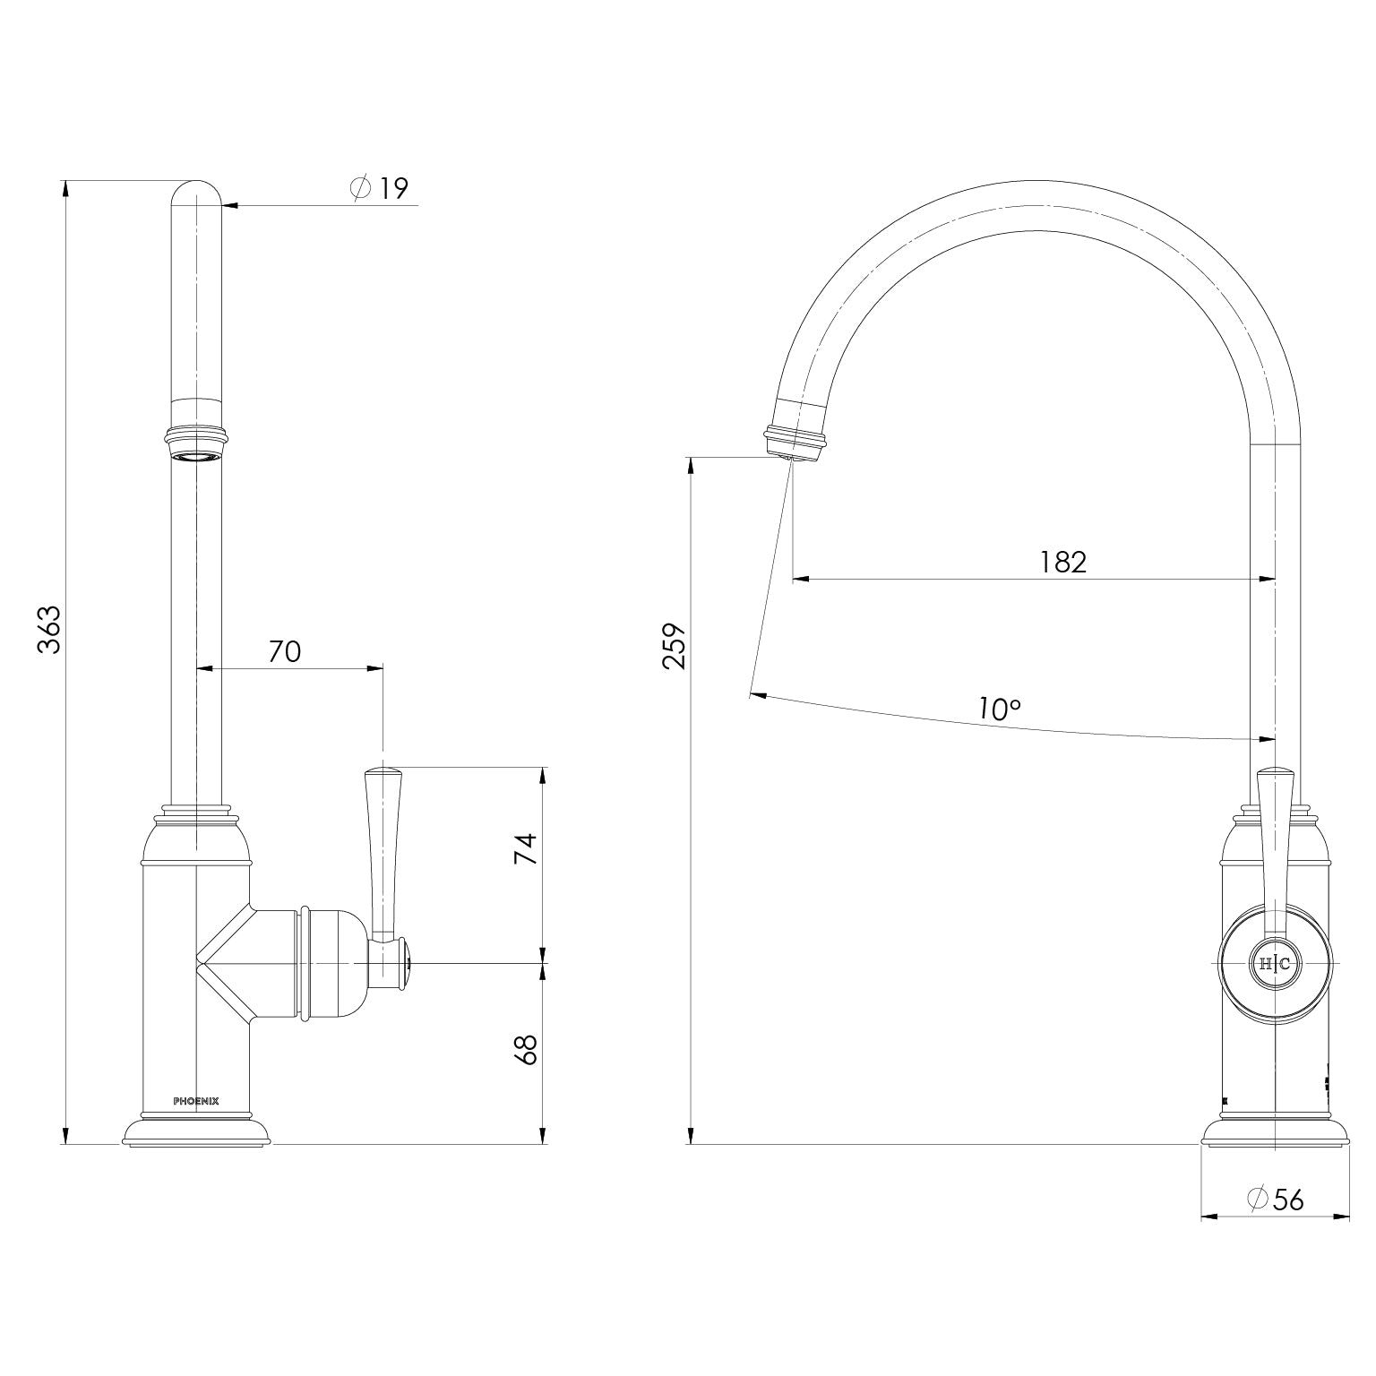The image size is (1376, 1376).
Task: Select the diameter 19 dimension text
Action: (x=381, y=188)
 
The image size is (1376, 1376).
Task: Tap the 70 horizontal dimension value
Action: (x=285, y=651)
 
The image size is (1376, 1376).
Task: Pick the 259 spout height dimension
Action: (x=674, y=645)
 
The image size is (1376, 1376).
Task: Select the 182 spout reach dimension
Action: (x=1062, y=562)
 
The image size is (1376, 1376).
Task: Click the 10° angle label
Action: (x=999, y=684)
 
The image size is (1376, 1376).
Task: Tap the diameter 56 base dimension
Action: (x=1276, y=1199)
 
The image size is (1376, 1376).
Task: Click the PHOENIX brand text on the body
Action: (x=195, y=1101)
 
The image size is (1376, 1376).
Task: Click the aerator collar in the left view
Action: (x=196, y=443)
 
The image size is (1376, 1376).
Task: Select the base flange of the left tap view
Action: (x=196, y=1132)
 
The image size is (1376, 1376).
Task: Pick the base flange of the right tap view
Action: (x=1275, y=1132)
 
